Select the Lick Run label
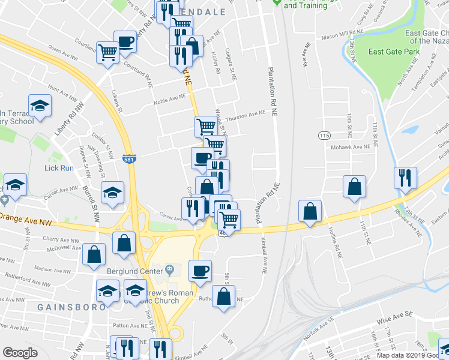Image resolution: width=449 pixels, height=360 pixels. pyautogui.click(x=59, y=168)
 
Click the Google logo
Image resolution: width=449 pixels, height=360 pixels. pyautogui.click(x=20, y=353)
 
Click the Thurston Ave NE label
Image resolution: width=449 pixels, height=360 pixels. pyautogui.click(x=246, y=113)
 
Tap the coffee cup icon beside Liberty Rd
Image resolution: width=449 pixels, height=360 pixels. pyautogui.click(x=125, y=42)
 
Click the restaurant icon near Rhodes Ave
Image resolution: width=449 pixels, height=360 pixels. pyautogui.click(x=405, y=178)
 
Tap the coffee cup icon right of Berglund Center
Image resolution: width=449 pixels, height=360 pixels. pyautogui.click(x=200, y=270)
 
